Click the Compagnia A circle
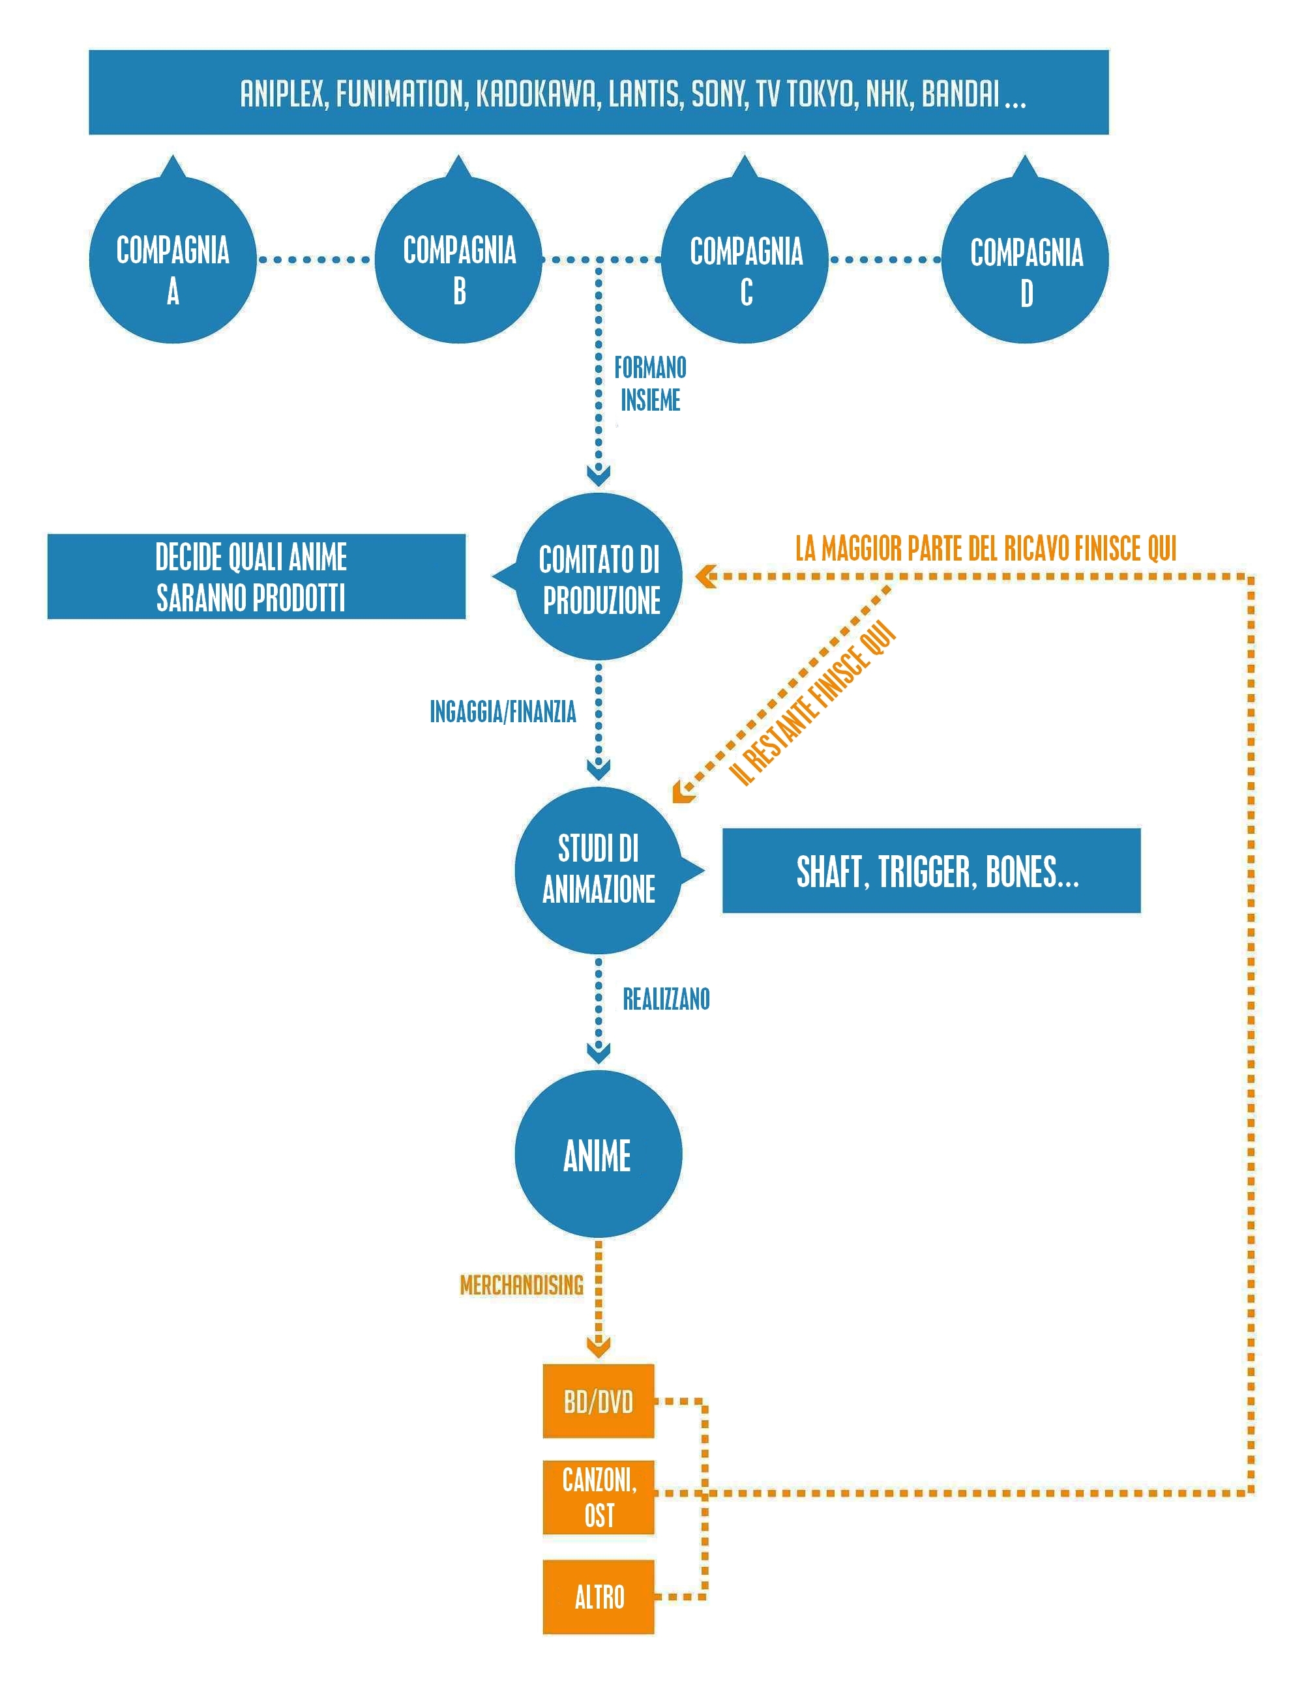click(172, 260)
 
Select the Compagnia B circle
click(459, 260)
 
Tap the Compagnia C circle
click(745, 260)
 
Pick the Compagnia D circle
click(1026, 260)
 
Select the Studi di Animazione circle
click(599, 871)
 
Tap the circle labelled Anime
click(598, 1154)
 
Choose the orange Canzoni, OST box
click(598, 1498)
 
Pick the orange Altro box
click(598, 1597)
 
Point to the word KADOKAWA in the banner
click(537, 94)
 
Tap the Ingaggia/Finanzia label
click(503, 712)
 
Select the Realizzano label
click(666, 999)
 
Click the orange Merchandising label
click(522, 1285)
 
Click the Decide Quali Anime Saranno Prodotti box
click(256, 576)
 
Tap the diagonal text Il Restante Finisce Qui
click(813, 703)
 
